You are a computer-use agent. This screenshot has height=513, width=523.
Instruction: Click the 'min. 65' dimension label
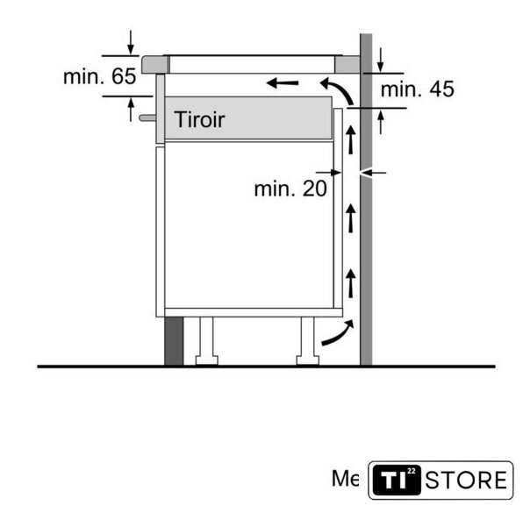click(100, 76)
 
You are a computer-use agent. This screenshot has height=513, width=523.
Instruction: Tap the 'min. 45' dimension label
click(418, 89)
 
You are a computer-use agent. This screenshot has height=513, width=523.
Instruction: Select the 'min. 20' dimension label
click(290, 189)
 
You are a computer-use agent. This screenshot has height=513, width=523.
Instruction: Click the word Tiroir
click(199, 119)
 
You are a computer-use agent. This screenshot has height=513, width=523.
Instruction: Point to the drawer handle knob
click(147, 118)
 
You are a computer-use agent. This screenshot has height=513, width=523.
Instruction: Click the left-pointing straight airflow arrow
click(283, 82)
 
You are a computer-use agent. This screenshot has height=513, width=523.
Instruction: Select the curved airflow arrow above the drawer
click(337, 90)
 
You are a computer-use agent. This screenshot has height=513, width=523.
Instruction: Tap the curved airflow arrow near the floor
click(338, 333)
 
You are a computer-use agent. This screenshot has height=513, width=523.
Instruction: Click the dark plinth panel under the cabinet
click(174, 341)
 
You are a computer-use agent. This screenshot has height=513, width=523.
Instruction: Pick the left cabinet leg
click(207, 340)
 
